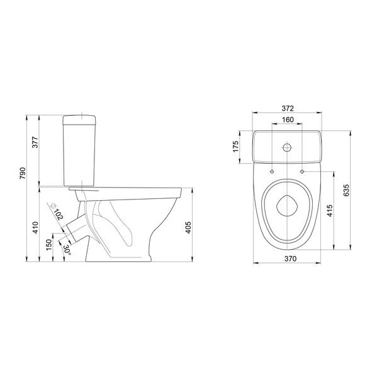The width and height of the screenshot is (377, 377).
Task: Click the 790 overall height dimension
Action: tap(23, 173)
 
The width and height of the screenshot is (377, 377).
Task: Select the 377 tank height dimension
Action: tap(35, 142)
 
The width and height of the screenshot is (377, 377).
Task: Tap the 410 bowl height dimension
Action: tap(36, 227)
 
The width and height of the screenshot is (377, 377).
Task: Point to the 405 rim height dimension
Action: tap(189, 227)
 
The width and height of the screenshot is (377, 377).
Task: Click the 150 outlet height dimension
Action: tap(49, 245)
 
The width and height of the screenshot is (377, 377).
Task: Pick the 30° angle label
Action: tap(67, 250)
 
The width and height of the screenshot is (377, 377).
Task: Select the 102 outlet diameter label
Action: tap(59, 214)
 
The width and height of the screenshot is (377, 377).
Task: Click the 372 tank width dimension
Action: tap(288, 108)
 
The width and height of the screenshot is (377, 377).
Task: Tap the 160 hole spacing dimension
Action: tap(288, 120)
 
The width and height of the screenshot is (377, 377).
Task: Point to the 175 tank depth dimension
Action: tap(235, 147)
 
